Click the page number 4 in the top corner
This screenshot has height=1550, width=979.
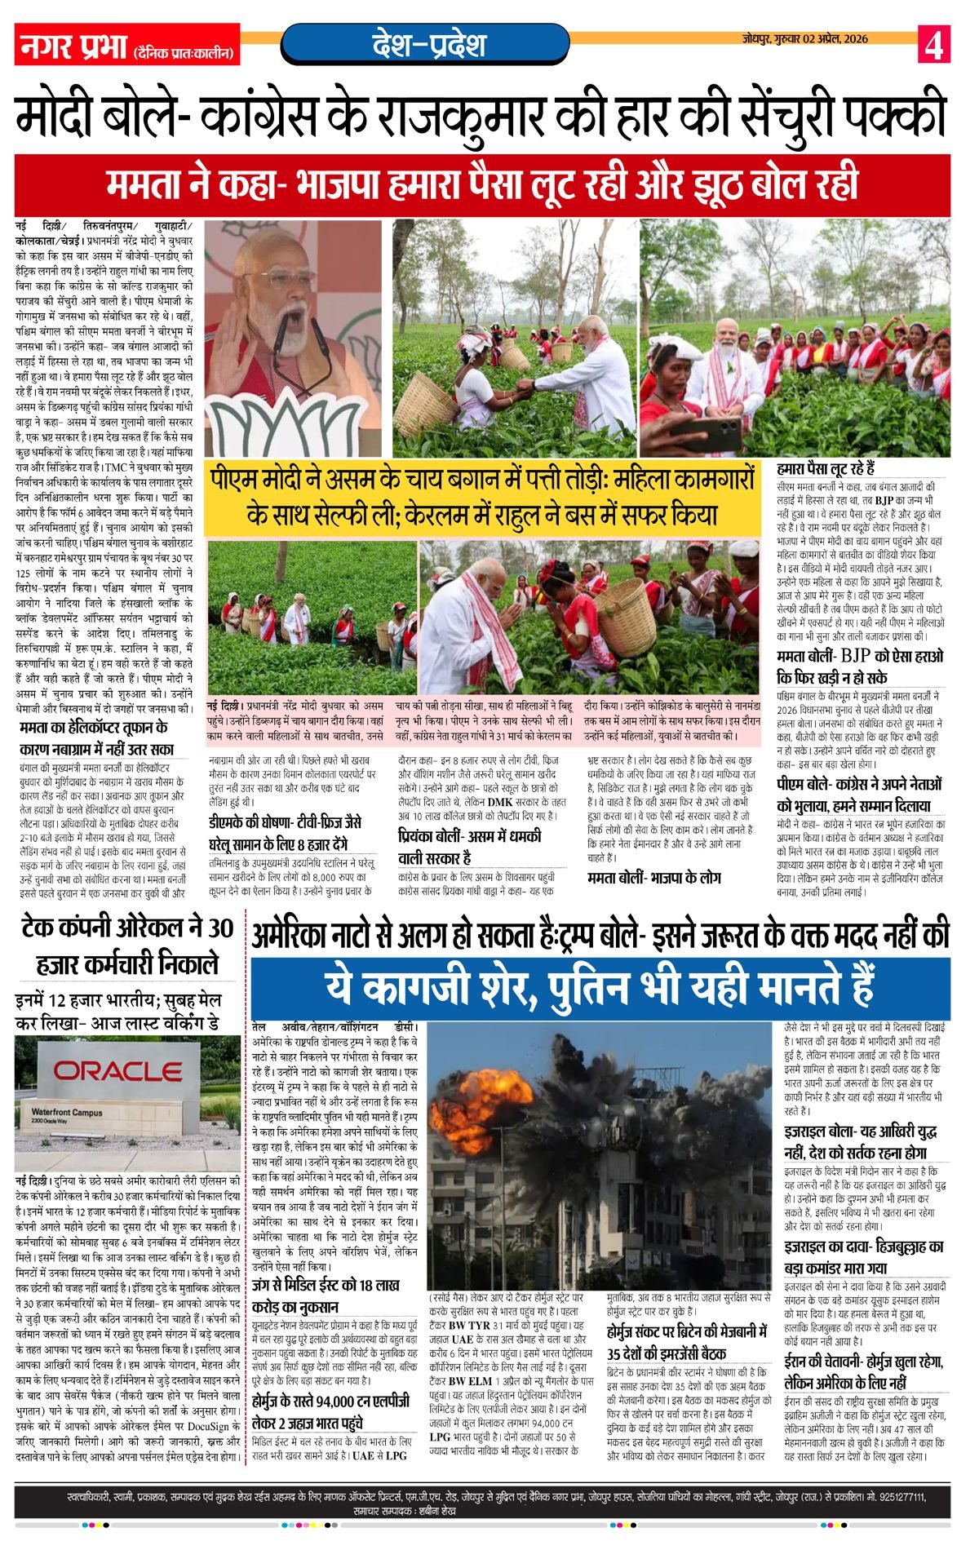(933, 44)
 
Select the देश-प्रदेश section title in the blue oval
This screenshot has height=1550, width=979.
(427, 45)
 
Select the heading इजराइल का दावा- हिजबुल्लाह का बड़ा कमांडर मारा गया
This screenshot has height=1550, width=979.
(864, 1257)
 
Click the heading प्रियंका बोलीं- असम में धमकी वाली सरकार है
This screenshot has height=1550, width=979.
(469, 846)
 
